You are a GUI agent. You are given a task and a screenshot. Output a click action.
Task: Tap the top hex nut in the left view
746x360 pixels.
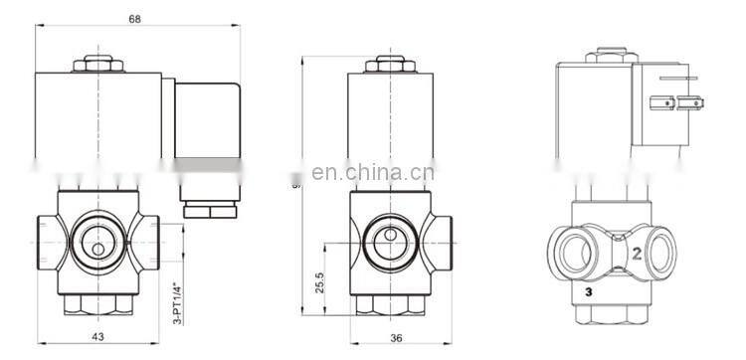click(98, 67)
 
